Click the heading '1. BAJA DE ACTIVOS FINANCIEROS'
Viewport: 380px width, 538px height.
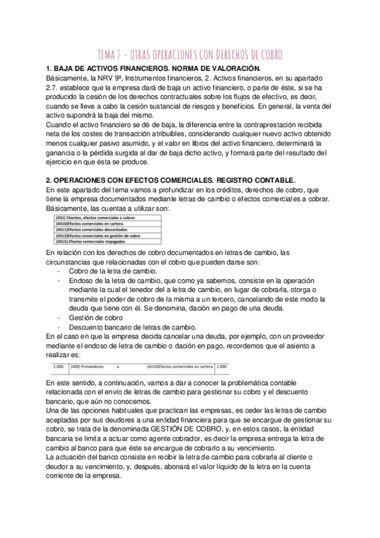153,68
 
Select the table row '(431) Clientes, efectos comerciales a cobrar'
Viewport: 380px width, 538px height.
95,217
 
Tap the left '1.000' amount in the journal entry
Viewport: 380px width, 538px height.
58,366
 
